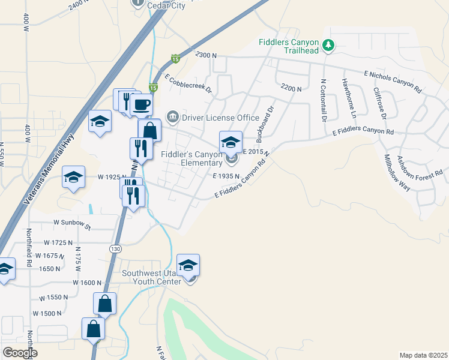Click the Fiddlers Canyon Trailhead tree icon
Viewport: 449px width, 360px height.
[x=328, y=45]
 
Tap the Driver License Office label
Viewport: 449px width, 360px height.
[x=220, y=117]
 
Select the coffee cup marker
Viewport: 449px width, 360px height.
[x=141, y=106]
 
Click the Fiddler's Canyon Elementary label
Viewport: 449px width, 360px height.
[x=192, y=158]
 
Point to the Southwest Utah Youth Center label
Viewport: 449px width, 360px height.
[x=151, y=277]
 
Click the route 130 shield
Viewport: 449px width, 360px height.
[x=116, y=248]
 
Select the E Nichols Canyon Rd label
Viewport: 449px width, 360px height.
[x=393, y=79]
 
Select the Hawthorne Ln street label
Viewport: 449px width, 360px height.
[x=349, y=98]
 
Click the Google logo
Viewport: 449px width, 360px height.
[x=20, y=353]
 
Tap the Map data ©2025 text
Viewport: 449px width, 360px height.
[x=423, y=355]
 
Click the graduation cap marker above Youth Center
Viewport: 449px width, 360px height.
[x=188, y=265]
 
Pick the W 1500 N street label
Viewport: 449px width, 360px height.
[x=47, y=313]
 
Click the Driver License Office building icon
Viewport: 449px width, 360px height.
[x=173, y=116]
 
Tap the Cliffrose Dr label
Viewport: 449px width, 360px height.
[x=384, y=103]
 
